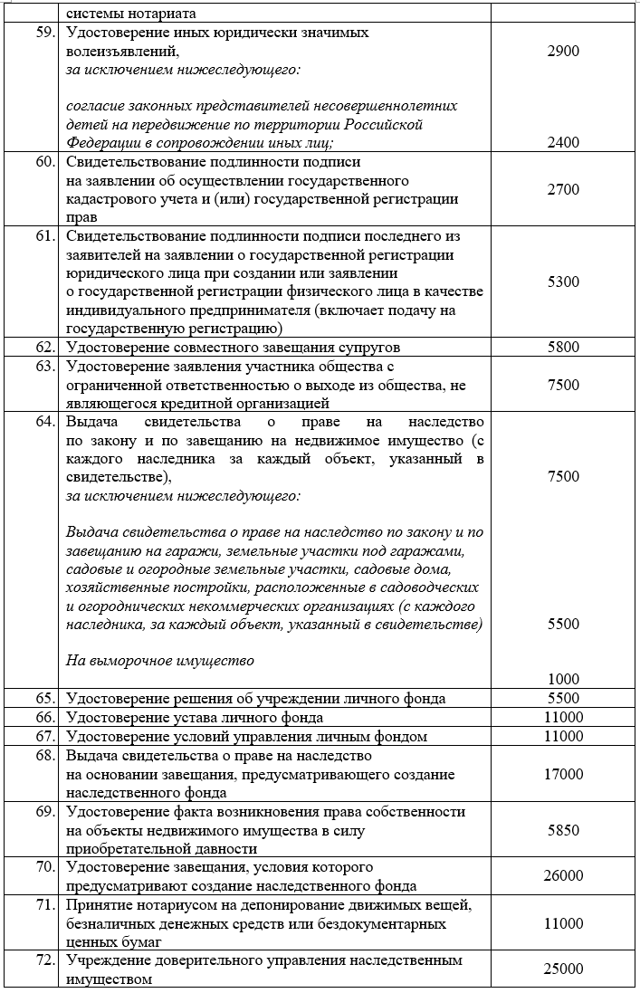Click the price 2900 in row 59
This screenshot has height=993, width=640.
click(563, 52)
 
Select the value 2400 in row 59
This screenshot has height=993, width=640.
click(563, 142)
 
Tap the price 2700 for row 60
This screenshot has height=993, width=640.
click(563, 190)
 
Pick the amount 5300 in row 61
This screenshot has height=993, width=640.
click(563, 282)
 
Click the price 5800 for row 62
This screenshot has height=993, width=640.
click(563, 347)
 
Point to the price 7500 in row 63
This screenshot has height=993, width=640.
click(563, 385)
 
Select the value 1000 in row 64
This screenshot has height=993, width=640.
click(563, 679)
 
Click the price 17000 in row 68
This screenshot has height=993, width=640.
click(563, 775)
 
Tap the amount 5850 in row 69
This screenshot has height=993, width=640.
click(563, 830)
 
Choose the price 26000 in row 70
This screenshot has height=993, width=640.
click(563, 875)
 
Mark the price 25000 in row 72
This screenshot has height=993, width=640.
click(563, 969)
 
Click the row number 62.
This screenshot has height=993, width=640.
click(46, 347)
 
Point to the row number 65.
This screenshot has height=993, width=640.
click(46, 698)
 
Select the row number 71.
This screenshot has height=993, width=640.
click(46, 906)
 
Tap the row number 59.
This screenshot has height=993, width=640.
click(46, 33)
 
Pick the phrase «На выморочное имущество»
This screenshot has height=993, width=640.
click(160, 660)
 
